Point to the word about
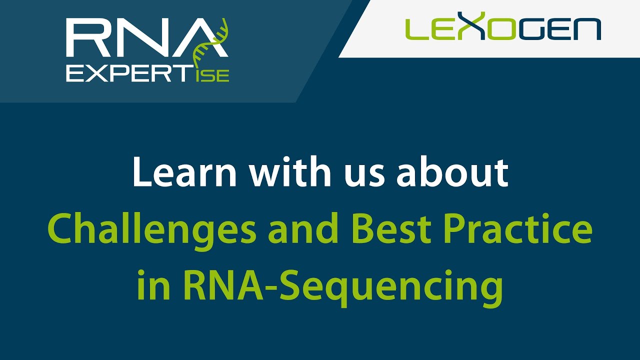(452, 172)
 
